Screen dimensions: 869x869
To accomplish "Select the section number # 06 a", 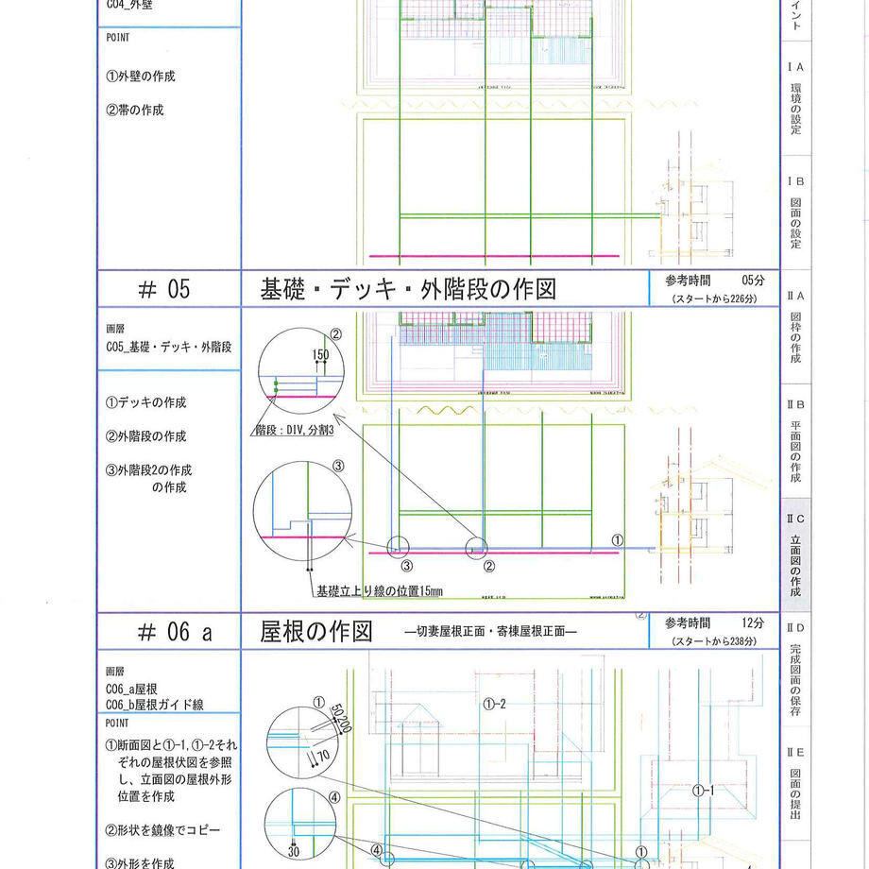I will coord(169,633).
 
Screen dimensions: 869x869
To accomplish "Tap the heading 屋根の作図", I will coord(317,633).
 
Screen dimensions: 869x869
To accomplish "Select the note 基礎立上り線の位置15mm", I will coord(380,592).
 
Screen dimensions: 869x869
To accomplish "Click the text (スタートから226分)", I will coord(713,298).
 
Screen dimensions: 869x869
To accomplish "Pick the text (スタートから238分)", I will coord(713,641).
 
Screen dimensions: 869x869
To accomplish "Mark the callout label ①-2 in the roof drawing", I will coord(494,704).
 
